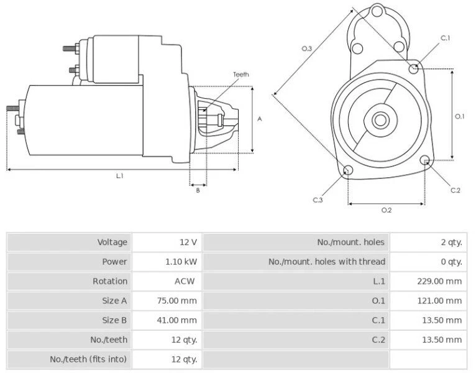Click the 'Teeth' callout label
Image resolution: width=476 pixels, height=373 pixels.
point(241,75)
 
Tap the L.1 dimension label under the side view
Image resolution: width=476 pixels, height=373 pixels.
point(120,176)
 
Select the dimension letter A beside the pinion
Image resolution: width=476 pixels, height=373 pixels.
point(260,119)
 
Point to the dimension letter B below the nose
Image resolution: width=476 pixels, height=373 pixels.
point(198,190)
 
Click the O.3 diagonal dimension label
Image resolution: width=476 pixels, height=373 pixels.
point(306,48)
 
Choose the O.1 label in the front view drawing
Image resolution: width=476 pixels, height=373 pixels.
point(460,116)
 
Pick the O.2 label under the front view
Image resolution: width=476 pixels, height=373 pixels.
point(386,210)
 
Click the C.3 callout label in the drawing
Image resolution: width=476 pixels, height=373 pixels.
point(318,200)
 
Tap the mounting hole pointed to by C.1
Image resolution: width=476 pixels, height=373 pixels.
point(414,68)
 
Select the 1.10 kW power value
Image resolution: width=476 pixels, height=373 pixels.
point(181,262)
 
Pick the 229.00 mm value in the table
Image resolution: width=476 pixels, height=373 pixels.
point(439,281)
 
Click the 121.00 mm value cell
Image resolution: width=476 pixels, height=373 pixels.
point(439,300)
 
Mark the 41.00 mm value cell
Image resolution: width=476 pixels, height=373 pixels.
point(181,320)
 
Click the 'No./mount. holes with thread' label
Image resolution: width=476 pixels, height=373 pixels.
point(326,262)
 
